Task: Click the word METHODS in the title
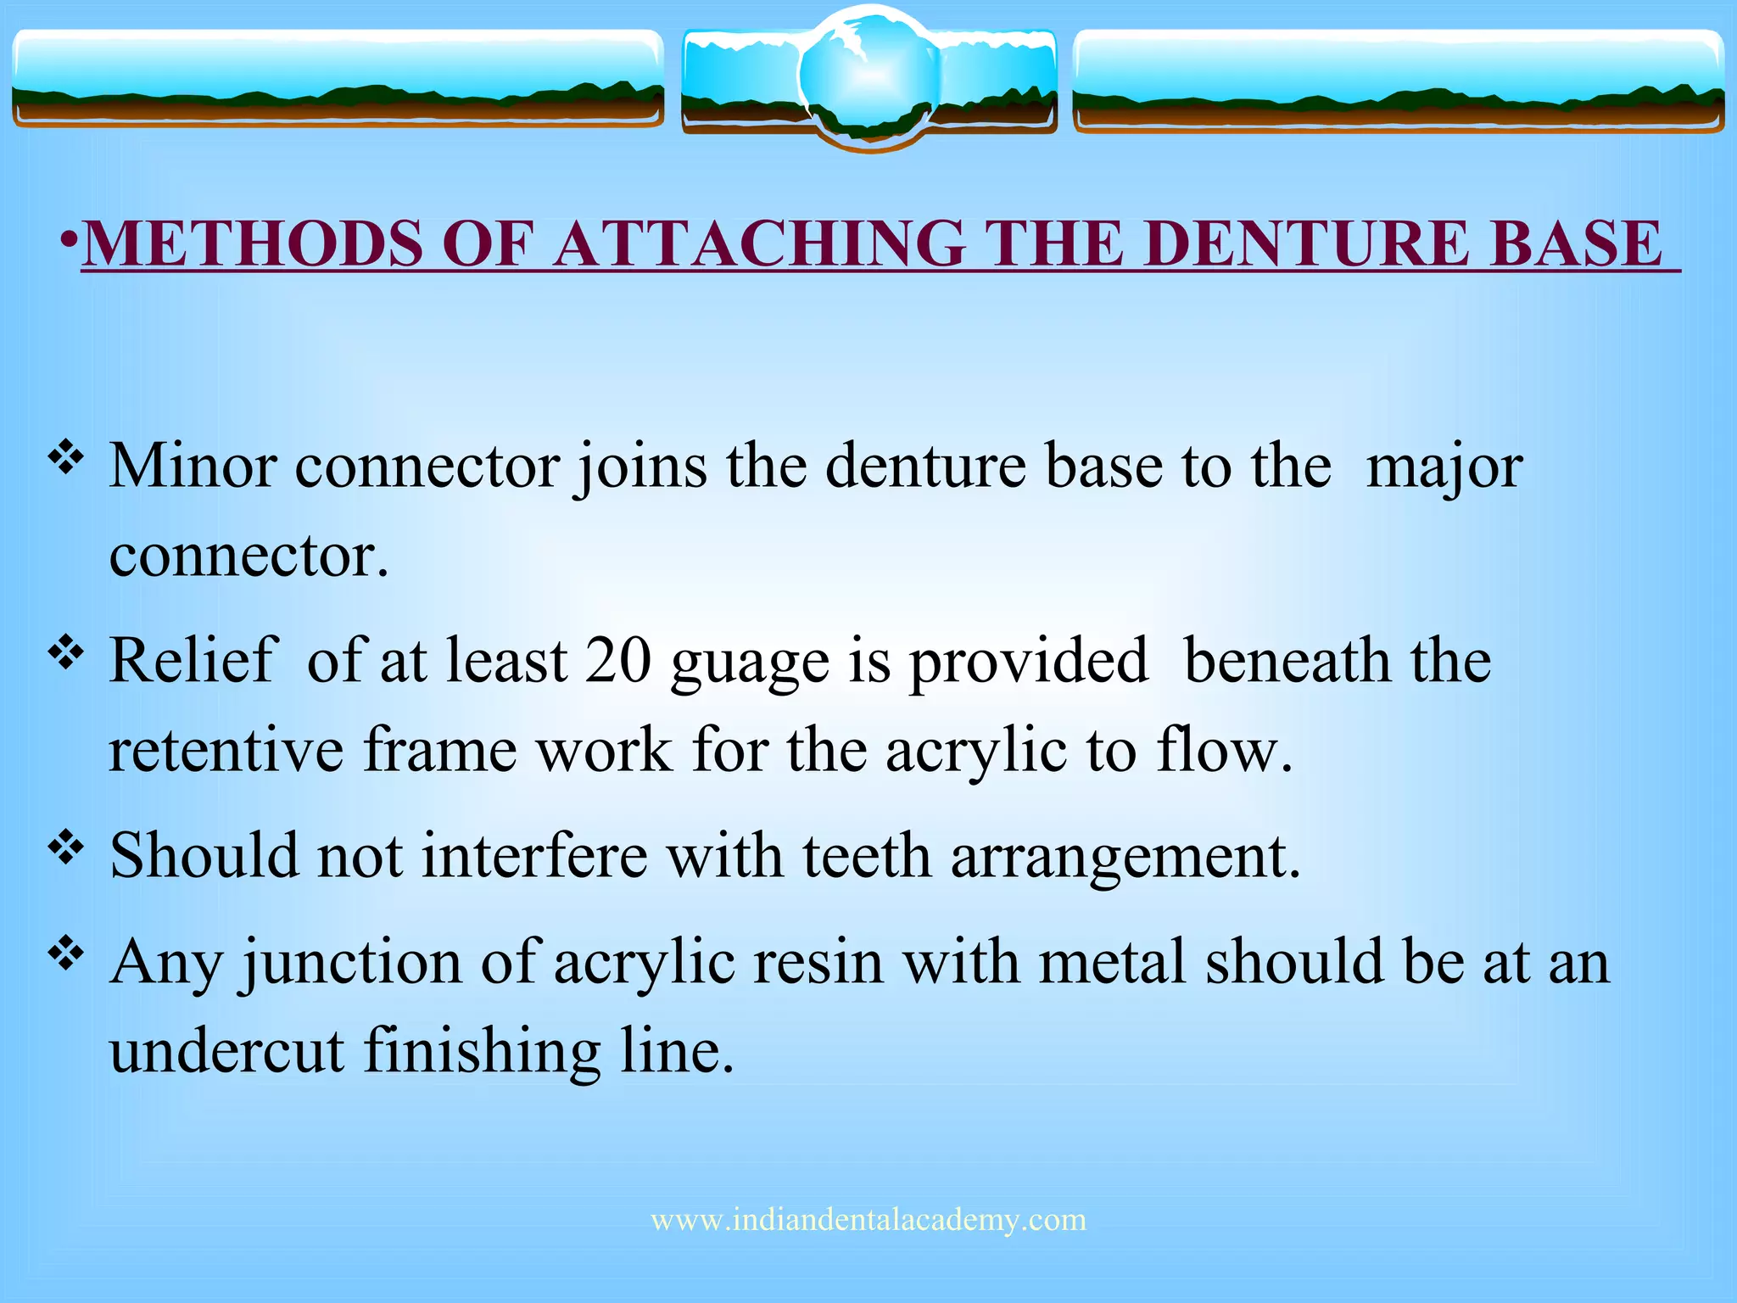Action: [253, 244]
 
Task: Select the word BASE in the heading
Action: [1576, 244]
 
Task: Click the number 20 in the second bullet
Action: [617, 661]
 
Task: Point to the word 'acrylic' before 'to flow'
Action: [975, 753]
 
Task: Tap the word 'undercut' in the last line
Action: [226, 1052]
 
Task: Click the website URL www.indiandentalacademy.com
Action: [868, 1220]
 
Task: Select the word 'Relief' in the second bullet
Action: [193, 661]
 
